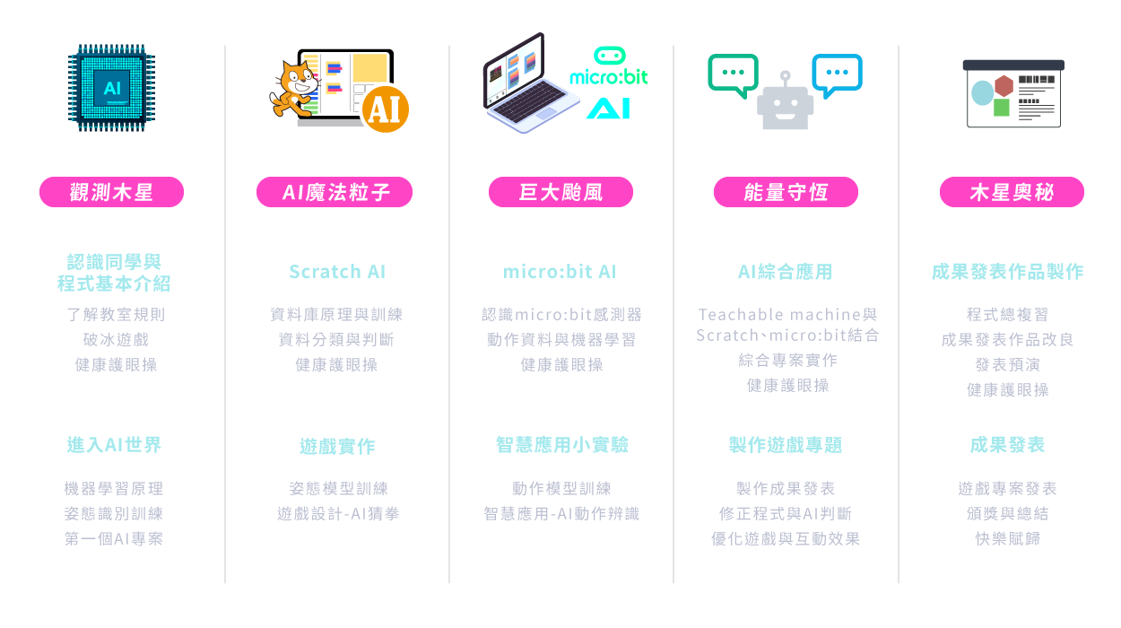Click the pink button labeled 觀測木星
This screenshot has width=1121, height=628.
(x=111, y=192)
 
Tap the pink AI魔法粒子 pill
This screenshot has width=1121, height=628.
(x=335, y=192)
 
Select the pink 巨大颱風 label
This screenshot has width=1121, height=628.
(x=560, y=192)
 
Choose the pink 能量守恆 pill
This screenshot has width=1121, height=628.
(x=786, y=192)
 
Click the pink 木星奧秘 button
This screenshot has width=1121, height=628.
(x=1012, y=192)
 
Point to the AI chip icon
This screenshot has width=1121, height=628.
(x=111, y=88)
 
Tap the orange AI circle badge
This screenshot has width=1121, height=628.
(x=386, y=109)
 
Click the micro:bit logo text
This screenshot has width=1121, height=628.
(x=609, y=77)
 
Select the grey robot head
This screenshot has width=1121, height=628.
(x=785, y=102)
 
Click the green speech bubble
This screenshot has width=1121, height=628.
(x=734, y=75)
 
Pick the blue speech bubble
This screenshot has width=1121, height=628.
(x=837, y=75)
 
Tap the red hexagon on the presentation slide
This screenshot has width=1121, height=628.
(x=1004, y=86)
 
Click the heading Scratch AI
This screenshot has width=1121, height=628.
(x=337, y=272)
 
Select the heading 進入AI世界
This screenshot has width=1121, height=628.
(x=114, y=445)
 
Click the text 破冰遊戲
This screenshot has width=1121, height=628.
(x=116, y=339)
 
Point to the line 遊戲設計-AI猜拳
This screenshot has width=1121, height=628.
(x=338, y=513)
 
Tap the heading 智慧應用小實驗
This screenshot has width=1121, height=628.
(x=561, y=445)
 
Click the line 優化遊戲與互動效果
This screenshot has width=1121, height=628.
(x=786, y=538)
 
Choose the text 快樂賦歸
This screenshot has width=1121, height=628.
(x=1007, y=538)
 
